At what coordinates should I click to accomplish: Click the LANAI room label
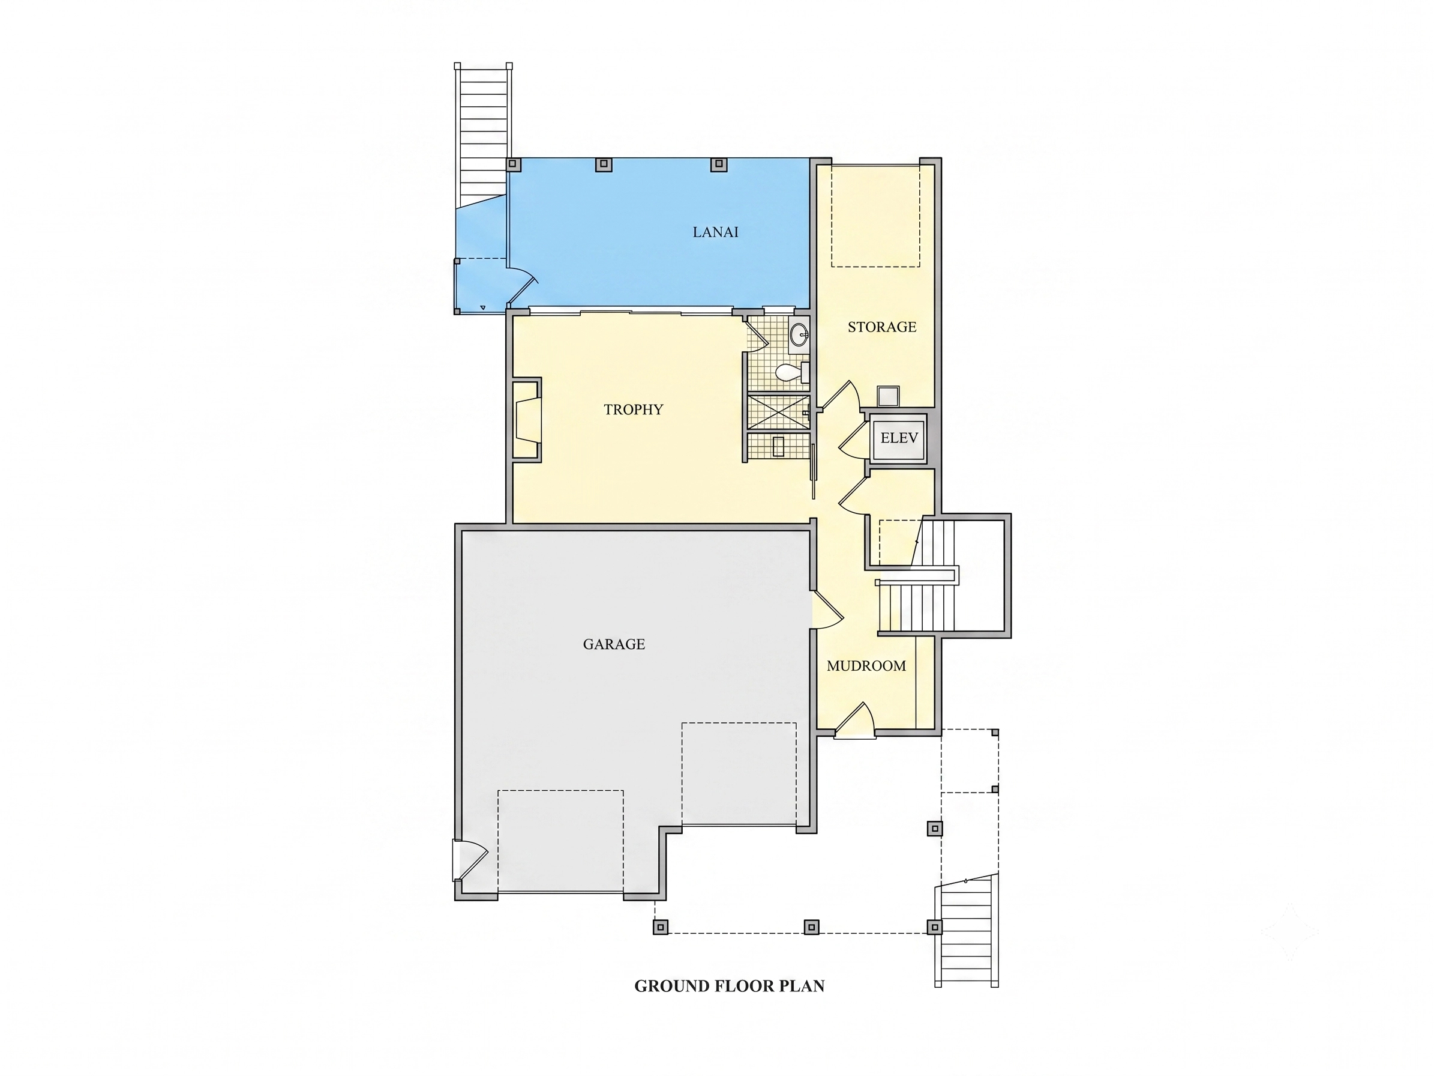(x=715, y=232)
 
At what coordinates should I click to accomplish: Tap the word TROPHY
(x=634, y=410)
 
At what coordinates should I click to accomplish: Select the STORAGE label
(x=881, y=327)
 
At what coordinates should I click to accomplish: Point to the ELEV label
(x=899, y=438)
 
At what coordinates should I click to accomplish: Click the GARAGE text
(x=614, y=644)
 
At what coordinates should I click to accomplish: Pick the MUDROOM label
(x=866, y=665)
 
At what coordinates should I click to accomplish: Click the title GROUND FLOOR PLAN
(x=730, y=986)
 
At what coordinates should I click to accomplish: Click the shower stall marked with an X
(x=778, y=411)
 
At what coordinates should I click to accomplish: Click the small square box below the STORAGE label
(x=888, y=396)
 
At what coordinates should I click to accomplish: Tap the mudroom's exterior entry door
(x=854, y=721)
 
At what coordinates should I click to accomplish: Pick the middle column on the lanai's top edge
(x=604, y=164)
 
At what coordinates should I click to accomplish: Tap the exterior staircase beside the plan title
(x=966, y=930)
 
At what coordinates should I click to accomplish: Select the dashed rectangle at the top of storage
(x=875, y=216)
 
